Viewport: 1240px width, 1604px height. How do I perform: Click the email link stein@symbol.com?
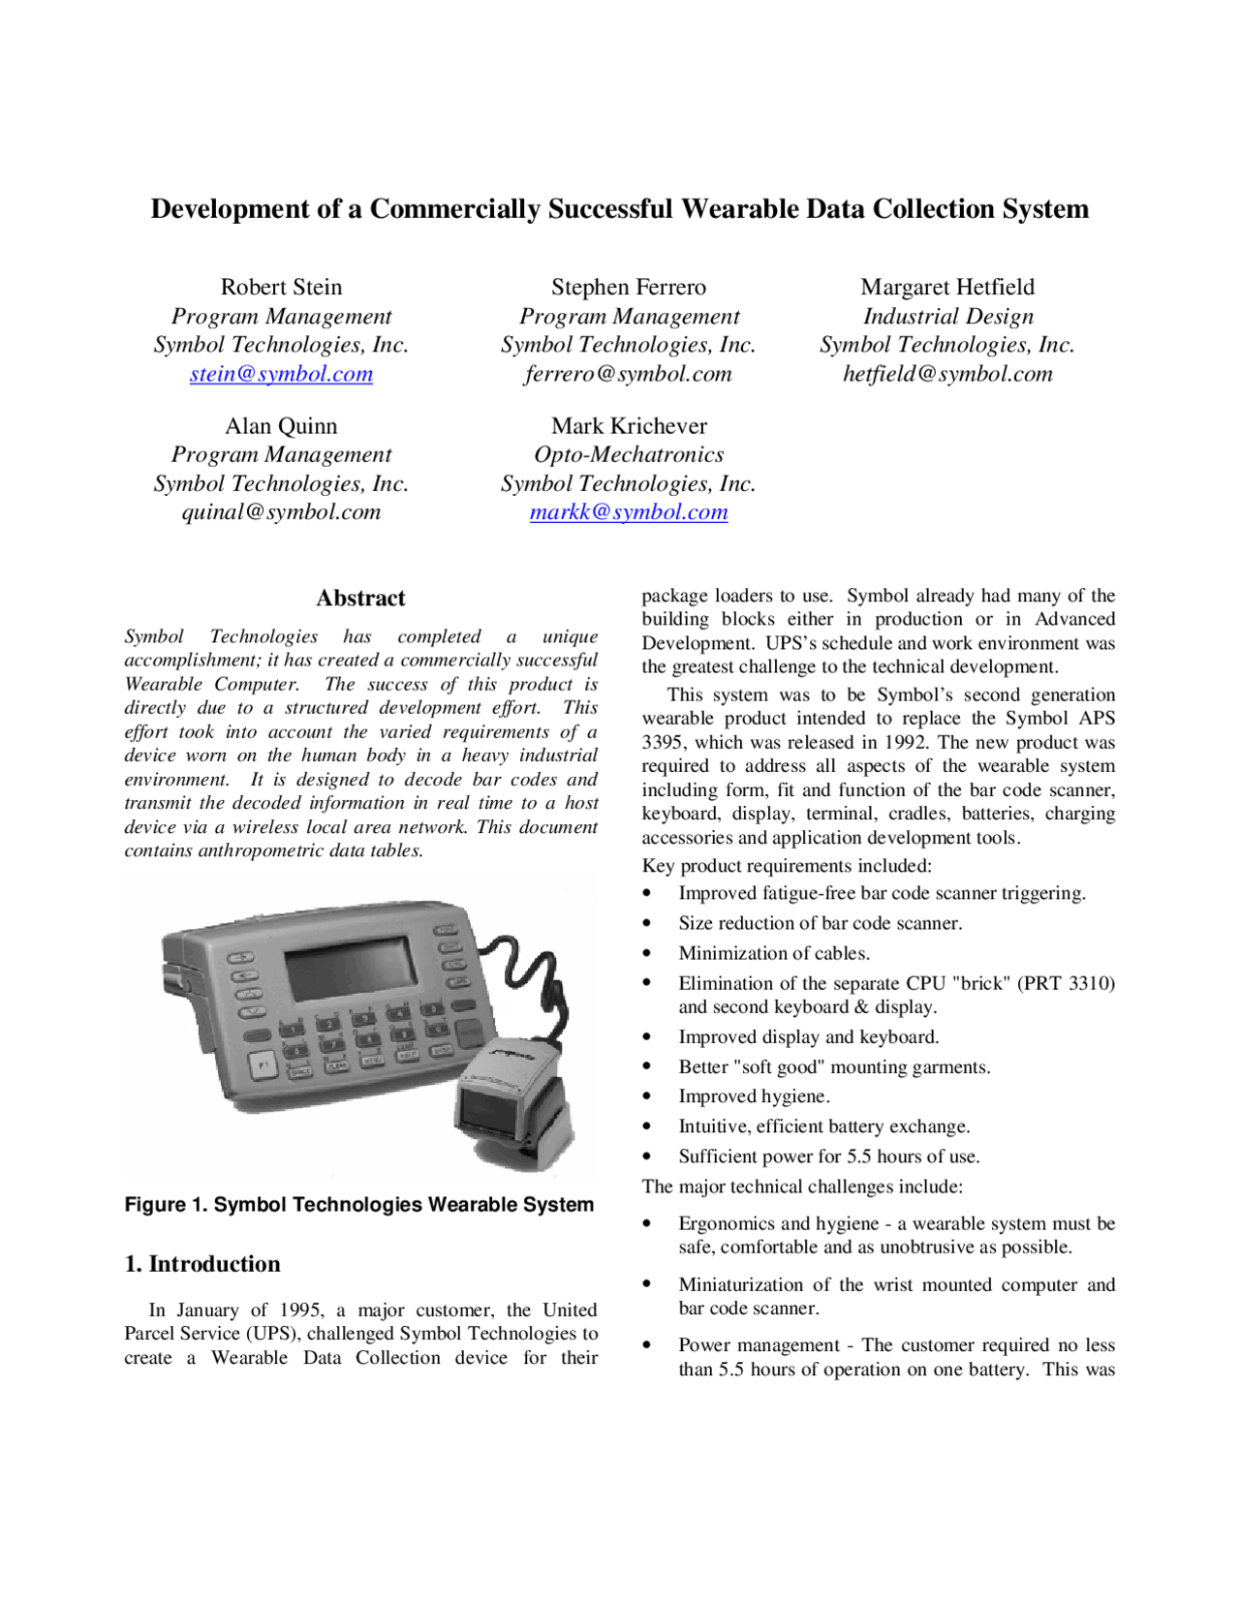click(x=281, y=374)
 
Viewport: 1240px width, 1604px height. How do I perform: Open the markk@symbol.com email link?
click(x=629, y=512)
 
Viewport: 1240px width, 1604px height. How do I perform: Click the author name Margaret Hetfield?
click(x=947, y=287)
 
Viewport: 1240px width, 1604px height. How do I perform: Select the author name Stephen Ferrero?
click(x=629, y=287)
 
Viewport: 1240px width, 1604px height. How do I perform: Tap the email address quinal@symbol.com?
click(x=281, y=512)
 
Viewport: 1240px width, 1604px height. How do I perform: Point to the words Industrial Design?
click(x=947, y=316)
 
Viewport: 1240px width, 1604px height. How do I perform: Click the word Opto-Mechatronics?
click(x=629, y=454)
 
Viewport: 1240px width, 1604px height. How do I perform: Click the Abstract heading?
click(x=360, y=598)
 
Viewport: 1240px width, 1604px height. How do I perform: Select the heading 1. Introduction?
click(x=202, y=1264)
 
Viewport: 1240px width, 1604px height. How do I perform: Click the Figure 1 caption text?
click(x=358, y=1205)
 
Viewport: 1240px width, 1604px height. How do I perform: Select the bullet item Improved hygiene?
click(x=754, y=1096)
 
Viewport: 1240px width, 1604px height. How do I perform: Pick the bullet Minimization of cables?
click(x=774, y=953)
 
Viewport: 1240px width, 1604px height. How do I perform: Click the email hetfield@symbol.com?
click(x=947, y=374)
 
